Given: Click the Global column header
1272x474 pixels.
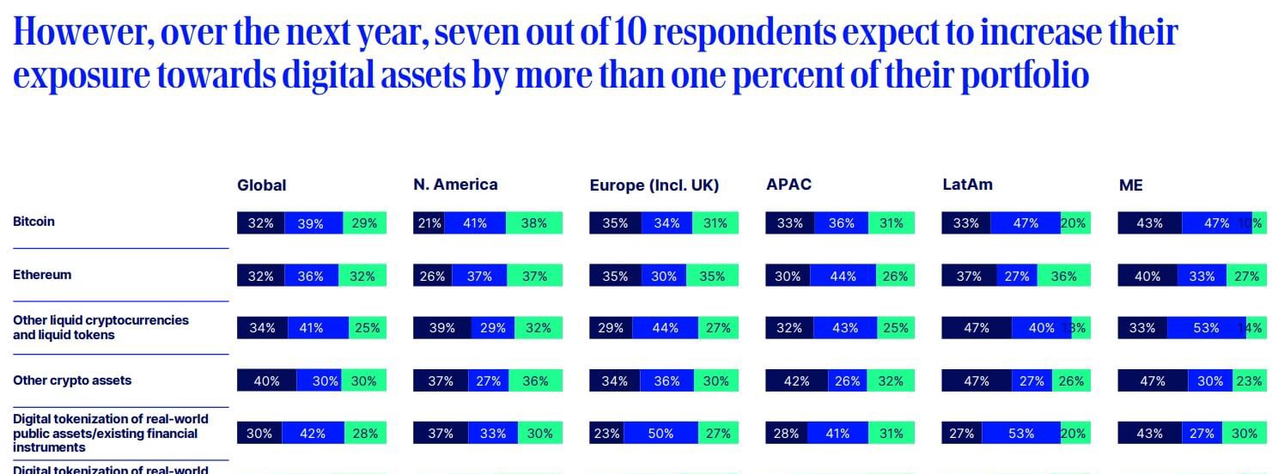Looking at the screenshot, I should (x=261, y=185).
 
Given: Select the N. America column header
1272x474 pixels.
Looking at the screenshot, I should (x=455, y=185).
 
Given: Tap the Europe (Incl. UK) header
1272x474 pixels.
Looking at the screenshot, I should (x=654, y=185).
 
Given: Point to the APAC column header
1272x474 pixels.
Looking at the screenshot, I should (x=788, y=185).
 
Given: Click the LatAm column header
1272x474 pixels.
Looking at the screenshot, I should (x=967, y=185).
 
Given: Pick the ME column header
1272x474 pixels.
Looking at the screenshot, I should (x=1130, y=185).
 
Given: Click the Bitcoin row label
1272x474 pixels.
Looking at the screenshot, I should (x=33, y=222).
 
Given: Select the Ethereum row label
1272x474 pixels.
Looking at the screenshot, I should (x=42, y=275).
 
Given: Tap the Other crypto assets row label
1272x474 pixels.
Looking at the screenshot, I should (x=72, y=380).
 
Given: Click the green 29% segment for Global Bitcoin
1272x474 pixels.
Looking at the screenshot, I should (x=365, y=223).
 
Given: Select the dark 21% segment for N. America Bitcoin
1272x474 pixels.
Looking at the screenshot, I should (x=429, y=223).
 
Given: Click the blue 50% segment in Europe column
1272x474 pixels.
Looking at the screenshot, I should (x=660, y=434).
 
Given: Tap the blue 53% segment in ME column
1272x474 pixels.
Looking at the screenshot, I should (x=1206, y=328).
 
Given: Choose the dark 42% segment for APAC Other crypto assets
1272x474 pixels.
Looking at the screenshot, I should (x=796, y=381).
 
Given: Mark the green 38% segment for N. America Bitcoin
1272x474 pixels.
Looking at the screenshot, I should (x=534, y=223).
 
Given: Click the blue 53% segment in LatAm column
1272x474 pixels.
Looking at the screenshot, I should (x=1021, y=434).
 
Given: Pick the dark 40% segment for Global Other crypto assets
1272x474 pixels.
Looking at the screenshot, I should (x=266, y=381).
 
